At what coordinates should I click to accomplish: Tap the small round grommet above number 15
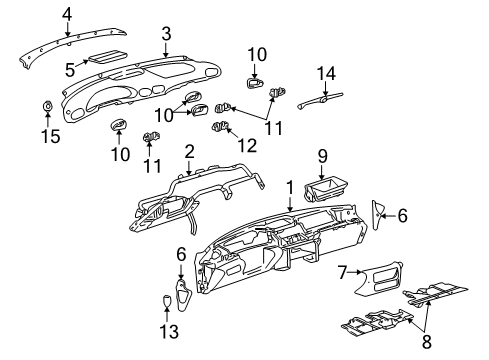(48, 107)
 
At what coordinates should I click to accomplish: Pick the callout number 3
(167, 33)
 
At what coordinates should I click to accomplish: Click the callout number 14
(323, 73)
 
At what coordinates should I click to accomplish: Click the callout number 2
(187, 151)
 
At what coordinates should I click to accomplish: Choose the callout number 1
(290, 187)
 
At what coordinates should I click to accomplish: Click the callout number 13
(167, 331)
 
